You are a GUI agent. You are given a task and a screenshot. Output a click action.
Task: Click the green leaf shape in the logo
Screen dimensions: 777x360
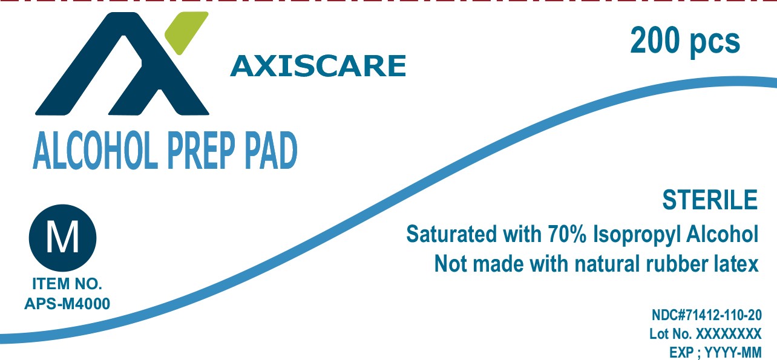186,32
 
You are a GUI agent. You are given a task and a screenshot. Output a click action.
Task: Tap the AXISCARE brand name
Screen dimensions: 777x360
318,66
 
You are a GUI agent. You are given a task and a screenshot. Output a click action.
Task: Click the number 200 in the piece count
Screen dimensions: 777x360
655,41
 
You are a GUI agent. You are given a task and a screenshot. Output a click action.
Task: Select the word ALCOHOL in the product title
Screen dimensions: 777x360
93,150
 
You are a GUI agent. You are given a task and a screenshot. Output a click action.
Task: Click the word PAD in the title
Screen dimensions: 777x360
271,150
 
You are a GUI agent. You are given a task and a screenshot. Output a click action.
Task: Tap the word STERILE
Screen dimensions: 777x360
710,200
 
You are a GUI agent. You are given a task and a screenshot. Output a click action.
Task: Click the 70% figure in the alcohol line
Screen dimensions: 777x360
567,234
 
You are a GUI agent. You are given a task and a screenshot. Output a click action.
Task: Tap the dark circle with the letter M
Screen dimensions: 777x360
62,238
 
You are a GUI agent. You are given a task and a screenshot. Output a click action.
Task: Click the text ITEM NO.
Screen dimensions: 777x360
67,284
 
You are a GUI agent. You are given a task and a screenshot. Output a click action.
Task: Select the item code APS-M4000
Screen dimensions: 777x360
67,304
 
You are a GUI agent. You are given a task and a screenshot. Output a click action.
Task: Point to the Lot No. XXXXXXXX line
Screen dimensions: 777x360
705,334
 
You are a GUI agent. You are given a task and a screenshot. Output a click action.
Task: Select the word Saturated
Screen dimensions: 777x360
451,234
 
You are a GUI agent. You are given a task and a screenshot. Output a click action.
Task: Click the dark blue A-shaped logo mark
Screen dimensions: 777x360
122,64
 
